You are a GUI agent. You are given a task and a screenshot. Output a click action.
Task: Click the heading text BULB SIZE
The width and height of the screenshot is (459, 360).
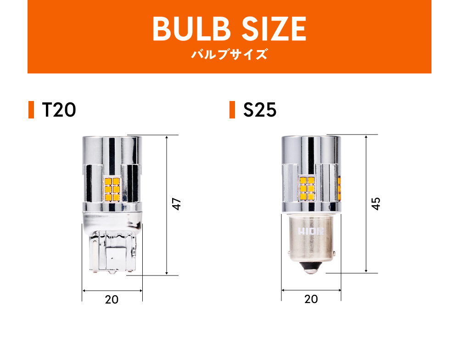coord(229,28)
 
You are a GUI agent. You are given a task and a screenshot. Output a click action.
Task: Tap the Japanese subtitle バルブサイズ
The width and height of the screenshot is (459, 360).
coord(229,55)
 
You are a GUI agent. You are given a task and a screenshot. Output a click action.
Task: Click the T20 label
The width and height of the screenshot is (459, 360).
coord(59,110)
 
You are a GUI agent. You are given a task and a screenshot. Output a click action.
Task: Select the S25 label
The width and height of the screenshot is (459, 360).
coord(260,110)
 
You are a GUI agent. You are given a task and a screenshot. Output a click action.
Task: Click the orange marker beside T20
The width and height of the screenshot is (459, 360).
coord(31,110)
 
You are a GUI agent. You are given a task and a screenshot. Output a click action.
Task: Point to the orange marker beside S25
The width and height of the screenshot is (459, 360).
coord(232,110)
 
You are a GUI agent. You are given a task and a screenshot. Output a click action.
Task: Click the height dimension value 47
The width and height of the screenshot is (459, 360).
coord(177,204)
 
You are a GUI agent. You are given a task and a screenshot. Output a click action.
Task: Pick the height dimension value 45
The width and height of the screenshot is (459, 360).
coord(376,203)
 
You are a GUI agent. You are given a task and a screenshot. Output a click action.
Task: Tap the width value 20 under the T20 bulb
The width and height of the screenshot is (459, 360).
coord(112,300)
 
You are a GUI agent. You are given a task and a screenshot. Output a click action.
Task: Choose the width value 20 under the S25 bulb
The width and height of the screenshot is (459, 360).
coord(311,299)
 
